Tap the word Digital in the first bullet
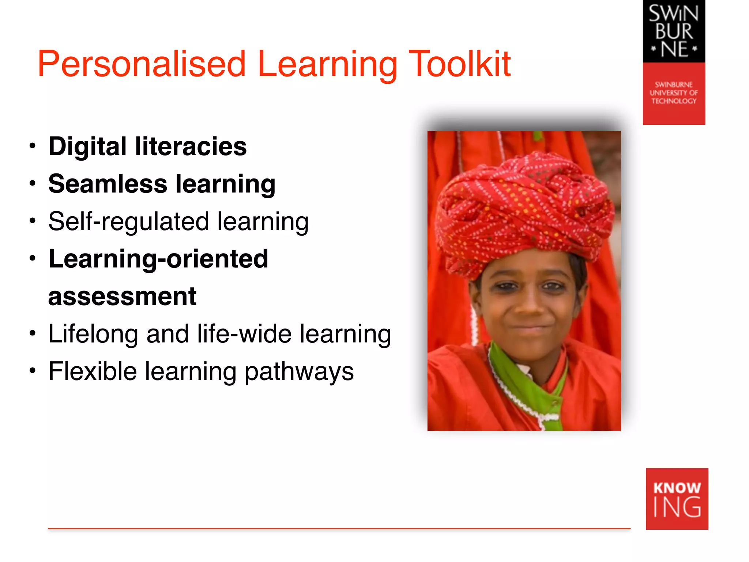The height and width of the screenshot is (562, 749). click(x=87, y=147)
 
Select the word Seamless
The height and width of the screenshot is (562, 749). click(x=108, y=184)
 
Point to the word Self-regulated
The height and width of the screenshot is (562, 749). click(x=128, y=222)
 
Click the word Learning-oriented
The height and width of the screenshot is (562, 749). click(x=158, y=259)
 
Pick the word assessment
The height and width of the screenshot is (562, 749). click(x=122, y=296)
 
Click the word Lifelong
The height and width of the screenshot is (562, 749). click(x=93, y=334)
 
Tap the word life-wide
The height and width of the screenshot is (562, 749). click(x=244, y=334)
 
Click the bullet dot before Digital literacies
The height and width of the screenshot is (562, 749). click(x=33, y=146)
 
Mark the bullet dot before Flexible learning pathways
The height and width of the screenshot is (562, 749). click(x=33, y=371)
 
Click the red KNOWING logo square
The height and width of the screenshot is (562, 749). click(x=677, y=499)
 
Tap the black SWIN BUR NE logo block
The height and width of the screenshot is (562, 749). click(x=674, y=31)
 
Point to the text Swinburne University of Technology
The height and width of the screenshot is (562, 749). click(x=674, y=93)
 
